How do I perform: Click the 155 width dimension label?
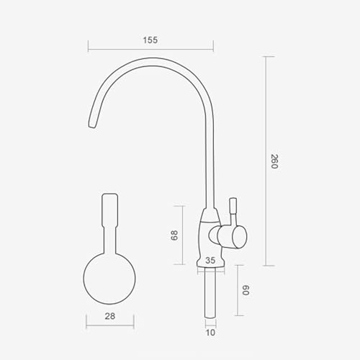pos(150,40)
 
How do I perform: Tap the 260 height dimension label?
pos(274,161)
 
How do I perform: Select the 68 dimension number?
pos(174,235)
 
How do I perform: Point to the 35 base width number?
pos(210,260)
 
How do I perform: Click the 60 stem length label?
pos(246,290)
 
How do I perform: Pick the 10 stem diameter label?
pos(210,333)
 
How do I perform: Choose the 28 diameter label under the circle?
pos(110,316)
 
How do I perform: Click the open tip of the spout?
pos(92,125)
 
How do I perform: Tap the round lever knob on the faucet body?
pos(239,236)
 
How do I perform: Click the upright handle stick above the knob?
pos(233,211)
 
